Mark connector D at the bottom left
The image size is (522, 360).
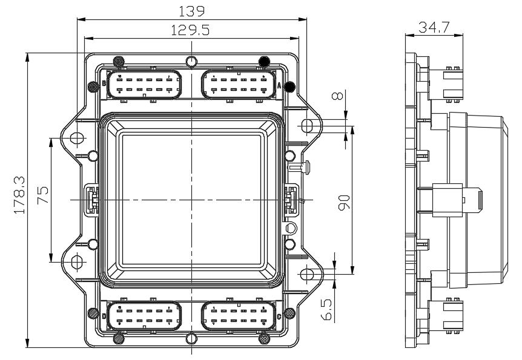[x=145, y=316]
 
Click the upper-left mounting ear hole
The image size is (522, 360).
[x=76, y=139]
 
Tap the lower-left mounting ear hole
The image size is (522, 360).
[x=76, y=261]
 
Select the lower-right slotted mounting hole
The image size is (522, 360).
[x=308, y=273]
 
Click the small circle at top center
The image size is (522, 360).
[x=191, y=61]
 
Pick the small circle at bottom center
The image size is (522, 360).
[x=191, y=338]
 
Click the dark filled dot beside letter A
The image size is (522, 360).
[x=290, y=87]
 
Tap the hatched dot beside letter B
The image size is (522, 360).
[x=93, y=87]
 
